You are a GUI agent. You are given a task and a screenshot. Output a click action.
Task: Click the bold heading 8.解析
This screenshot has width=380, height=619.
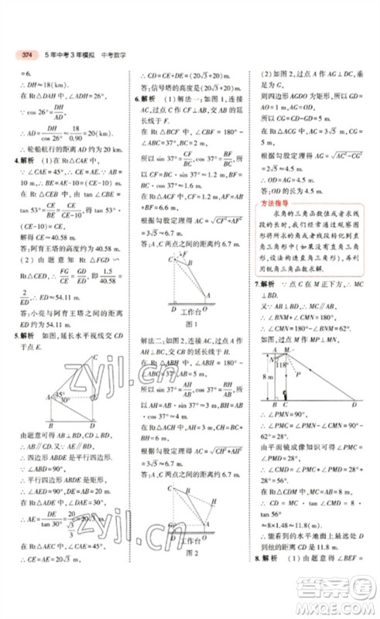(x=265, y=580)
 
